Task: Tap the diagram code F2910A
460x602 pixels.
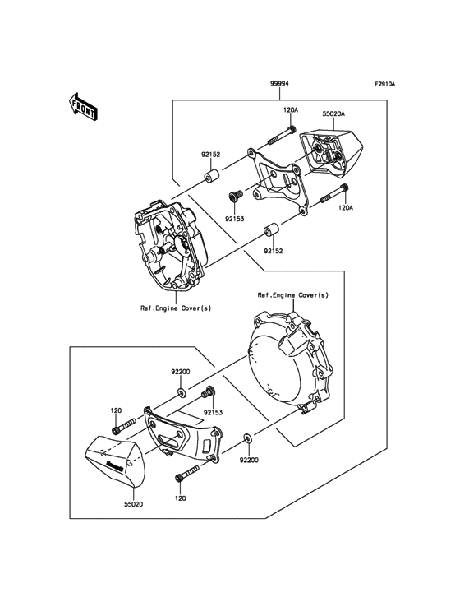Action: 385,85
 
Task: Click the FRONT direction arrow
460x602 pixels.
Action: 82,104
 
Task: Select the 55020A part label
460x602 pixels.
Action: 333,116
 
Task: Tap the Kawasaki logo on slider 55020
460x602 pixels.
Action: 114,466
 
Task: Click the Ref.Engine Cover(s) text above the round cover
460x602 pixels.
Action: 293,294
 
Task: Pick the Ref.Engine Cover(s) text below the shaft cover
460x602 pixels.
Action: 175,308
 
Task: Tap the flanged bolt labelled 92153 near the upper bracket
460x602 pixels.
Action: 234,196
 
